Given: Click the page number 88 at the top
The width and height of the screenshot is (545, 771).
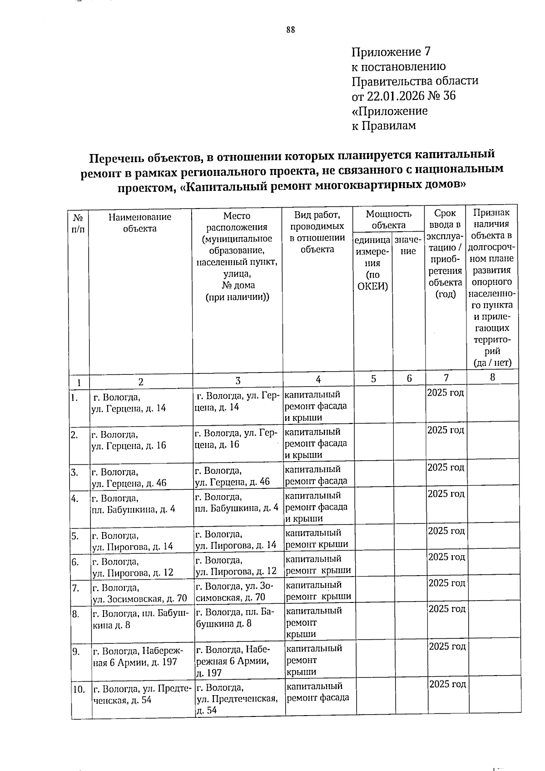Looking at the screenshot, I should (291, 30).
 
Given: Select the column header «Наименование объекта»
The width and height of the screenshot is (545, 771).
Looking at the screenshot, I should (140, 223).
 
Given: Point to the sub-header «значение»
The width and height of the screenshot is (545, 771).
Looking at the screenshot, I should (408, 245).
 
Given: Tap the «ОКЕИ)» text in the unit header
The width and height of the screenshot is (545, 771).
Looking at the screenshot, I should (372, 286).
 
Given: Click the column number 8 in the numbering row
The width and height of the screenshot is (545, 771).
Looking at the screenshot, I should (492, 377).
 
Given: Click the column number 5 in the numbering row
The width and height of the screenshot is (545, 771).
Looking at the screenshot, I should (373, 378).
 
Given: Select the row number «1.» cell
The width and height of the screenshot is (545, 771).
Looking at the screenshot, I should (75, 398).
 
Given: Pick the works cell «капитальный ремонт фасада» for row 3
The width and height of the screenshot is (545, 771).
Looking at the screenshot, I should (316, 475).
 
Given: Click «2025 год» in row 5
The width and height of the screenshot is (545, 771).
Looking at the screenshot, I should (446, 531).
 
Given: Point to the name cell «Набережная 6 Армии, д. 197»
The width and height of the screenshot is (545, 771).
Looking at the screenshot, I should (138, 657).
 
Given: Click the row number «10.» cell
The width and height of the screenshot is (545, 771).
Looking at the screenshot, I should (79, 690).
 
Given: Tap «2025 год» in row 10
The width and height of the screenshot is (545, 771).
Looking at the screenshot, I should (447, 684).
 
